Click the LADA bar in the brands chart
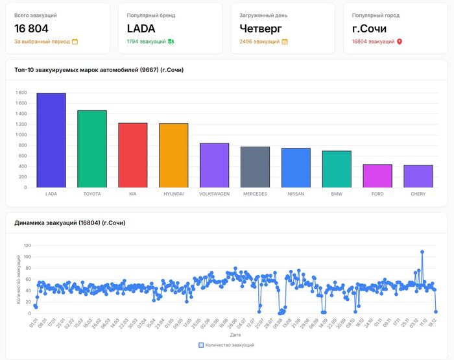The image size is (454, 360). click(x=51, y=140)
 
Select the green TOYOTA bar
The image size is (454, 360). click(x=92, y=149)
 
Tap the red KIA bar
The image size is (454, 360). click(x=132, y=155)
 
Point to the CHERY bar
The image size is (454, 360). click(x=418, y=176)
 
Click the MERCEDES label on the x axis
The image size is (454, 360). click(x=255, y=194)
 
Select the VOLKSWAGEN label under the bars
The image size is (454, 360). click(x=214, y=194)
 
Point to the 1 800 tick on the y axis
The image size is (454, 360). click(x=21, y=93)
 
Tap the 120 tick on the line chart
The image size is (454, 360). click(x=27, y=246)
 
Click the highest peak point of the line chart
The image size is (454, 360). click(x=422, y=252)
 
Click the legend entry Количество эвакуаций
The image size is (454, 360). click(x=226, y=345)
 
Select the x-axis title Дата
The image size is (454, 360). click(x=235, y=335)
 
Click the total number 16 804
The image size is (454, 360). click(x=31, y=29)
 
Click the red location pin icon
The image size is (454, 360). click(x=400, y=42)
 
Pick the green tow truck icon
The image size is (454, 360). click(x=171, y=42)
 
